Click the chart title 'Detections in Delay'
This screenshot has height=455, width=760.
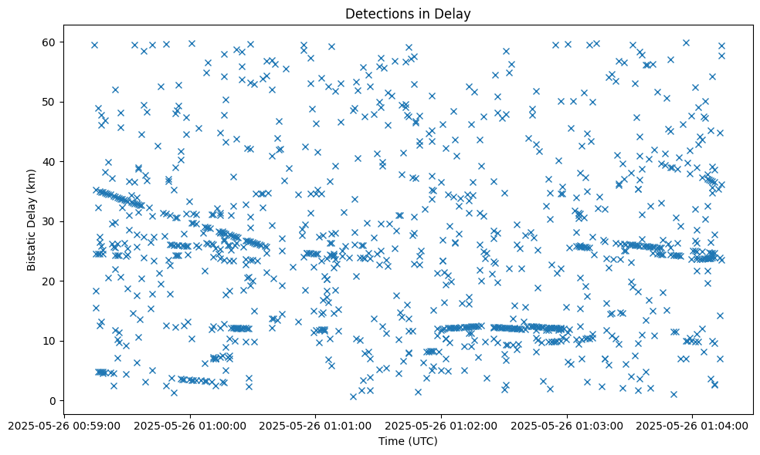tap(408, 14)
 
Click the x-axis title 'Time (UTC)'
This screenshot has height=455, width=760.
tap(408, 441)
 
